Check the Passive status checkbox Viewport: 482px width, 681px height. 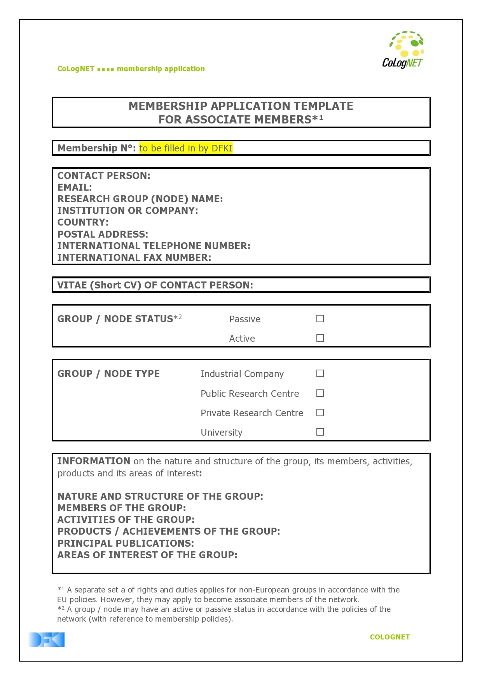(x=320, y=319)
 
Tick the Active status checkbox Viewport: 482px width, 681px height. (x=320, y=338)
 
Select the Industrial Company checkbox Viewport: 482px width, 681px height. (x=320, y=374)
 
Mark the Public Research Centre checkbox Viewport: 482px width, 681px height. (x=320, y=393)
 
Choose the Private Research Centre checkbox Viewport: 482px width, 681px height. (x=320, y=413)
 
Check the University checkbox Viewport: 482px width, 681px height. (x=320, y=432)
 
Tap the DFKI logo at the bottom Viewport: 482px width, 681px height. (x=46, y=639)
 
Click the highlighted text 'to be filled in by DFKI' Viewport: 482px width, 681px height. (x=186, y=148)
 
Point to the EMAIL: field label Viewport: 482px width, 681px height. (x=75, y=188)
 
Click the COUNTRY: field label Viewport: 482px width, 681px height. (x=83, y=222)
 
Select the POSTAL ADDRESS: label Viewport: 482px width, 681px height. (x=103, y=235)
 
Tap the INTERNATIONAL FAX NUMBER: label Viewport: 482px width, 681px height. (x=134, y=258)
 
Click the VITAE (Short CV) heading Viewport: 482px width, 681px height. (x=155, y=285)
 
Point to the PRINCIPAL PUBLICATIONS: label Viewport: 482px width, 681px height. (x=126, y=543)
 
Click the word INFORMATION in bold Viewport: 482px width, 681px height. (x=94, y=461)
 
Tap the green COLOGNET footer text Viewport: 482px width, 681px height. (x=389, y=637)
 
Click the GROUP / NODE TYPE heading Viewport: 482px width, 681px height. (x=108, y=374)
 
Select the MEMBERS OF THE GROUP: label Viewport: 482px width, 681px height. (x=121, y=508)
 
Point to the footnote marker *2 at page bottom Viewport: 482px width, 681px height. (x=61, y=609)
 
